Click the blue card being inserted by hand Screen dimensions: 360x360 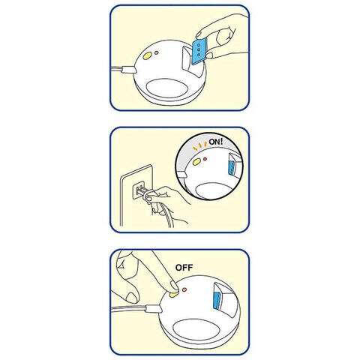(x=199, y=51)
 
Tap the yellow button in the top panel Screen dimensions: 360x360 (x=147, y=55)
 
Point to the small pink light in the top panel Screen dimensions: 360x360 (x=157, y=52)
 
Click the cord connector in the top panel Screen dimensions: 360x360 (x=129, y=69)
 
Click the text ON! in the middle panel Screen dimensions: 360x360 (x=215, y=142)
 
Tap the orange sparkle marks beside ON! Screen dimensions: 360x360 (x=199, y=146)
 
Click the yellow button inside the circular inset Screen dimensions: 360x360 (x=196, y=162)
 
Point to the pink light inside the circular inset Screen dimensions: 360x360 (x=205, y=159)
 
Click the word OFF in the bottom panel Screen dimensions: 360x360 (x=184, y=268)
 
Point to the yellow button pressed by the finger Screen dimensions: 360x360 (x=173, y=295)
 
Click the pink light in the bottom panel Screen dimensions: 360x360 (x=184, y=289)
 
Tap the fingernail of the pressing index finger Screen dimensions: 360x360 (x=174, y=286)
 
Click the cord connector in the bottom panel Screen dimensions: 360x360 (x=154, y=309)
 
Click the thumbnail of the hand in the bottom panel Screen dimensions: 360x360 (x=132, y=298)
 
